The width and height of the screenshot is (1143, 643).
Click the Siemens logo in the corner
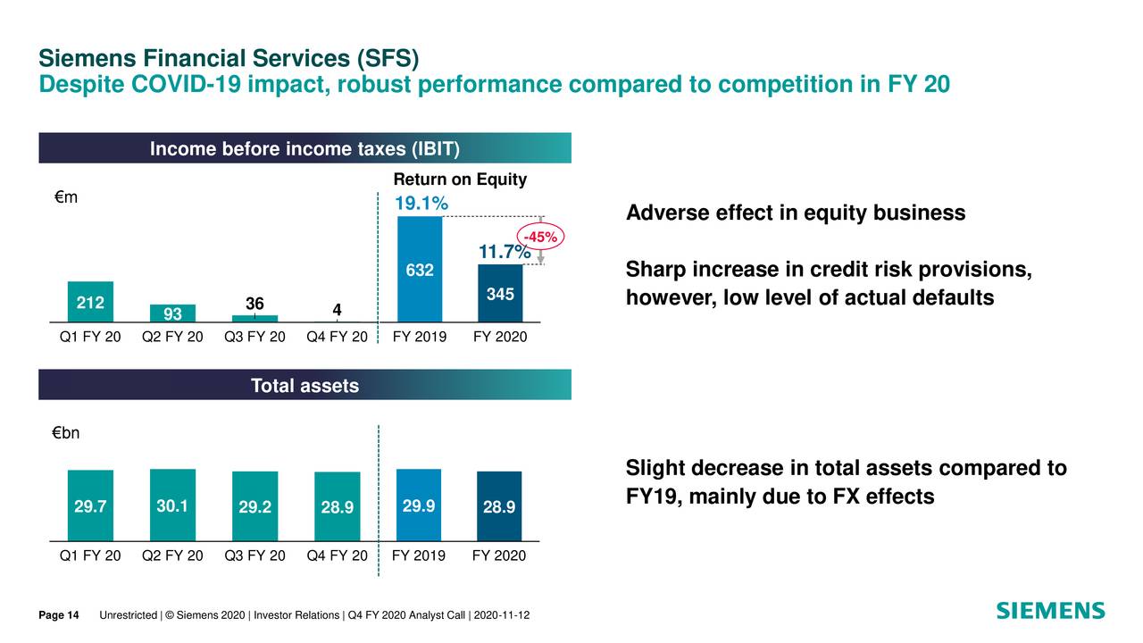tap(1050, 611)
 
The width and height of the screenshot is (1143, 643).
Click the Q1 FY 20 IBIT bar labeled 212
tap(90, 302)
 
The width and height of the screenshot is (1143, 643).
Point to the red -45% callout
tap(540, 238)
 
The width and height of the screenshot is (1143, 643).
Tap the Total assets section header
tap(305, 386)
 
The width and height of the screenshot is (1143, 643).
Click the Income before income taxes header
tap(305, 148)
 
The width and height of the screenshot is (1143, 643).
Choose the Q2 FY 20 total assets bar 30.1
tap(172, 505)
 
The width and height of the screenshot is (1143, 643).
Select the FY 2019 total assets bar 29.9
tap(419, 505)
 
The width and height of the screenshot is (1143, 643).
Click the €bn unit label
tap(66, 434)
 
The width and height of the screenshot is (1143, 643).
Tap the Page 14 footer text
tap(59, 615)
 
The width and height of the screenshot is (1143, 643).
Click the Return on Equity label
tap(460, 180)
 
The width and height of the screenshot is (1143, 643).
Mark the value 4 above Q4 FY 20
tap(337, 310)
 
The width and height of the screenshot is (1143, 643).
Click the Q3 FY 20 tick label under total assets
tap(254, 555)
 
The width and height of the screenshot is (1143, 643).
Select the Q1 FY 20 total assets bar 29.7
tap(90, 505)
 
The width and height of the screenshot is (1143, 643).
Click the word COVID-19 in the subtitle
tap(187, 85)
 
